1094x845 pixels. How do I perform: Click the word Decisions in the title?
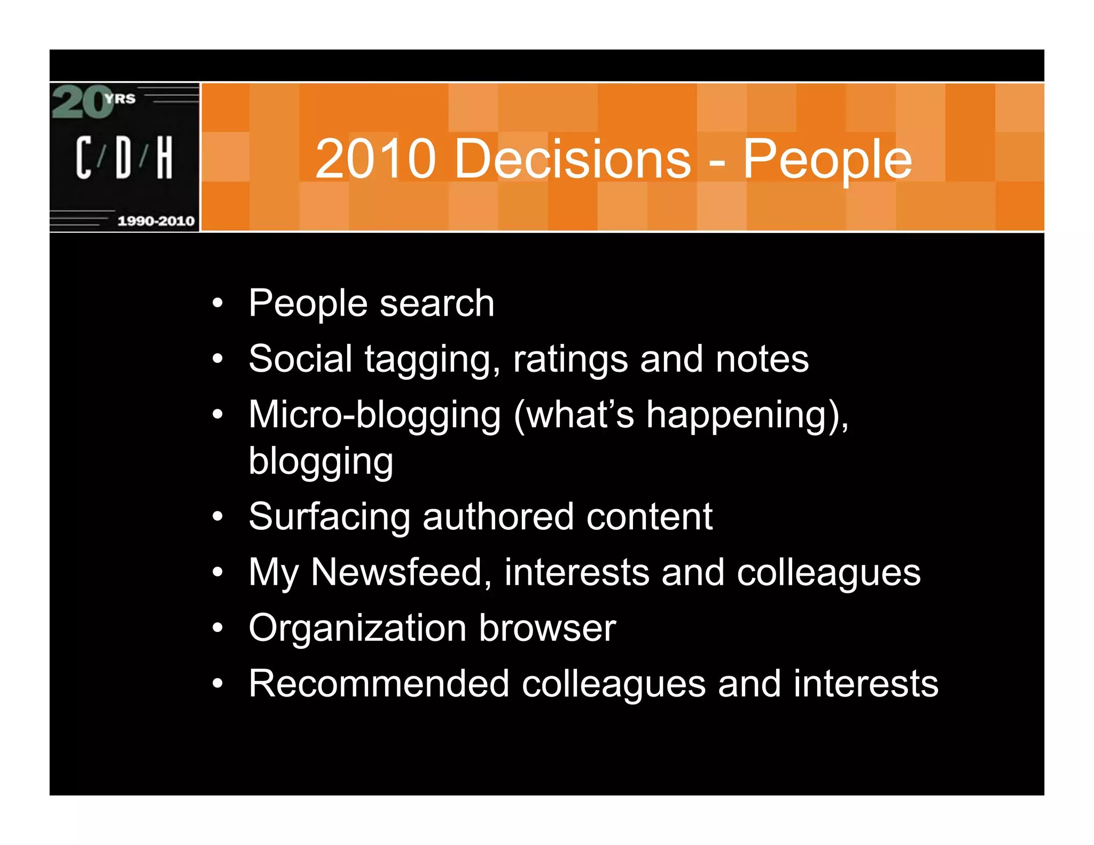click(x=572, y=159)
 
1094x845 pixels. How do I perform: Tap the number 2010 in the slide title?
click(x=376, y=159)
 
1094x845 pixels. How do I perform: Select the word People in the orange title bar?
click(x=827, y=159)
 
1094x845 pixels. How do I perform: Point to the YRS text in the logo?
click(x=120, y=98)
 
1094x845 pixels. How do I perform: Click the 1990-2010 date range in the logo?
click(x=156, y=221)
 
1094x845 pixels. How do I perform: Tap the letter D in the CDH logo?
click(x=123, y=157)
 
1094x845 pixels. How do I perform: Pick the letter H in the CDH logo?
click(x=164, y=157)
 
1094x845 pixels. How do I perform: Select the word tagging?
click(x=433, y=359)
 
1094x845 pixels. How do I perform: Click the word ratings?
click(x=570, y=359)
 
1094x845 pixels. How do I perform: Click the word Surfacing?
click(x=330, y=517)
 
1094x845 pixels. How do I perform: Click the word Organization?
click(x=357, y=628)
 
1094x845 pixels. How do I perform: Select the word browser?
click(x=548, y=628)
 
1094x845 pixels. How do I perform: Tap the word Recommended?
click(x=379, y=683)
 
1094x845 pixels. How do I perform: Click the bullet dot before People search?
click(x=217, y=304)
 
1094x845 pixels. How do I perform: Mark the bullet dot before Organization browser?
click(x=217, y=628)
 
